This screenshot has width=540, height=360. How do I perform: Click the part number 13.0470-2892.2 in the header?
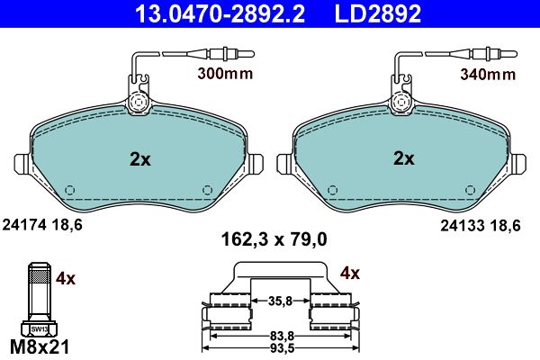coord(220,14)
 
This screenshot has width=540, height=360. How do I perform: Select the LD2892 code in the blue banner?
coord(378,14)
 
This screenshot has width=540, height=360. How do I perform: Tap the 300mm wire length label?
coord(225,74)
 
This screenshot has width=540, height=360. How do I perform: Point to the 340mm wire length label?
coord(488,74)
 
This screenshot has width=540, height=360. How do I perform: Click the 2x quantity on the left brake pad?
coord(140,159)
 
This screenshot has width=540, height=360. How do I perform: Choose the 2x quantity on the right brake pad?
coord(404,158)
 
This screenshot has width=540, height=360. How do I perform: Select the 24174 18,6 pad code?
coord(42,225)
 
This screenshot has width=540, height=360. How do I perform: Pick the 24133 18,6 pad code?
coord(481,226)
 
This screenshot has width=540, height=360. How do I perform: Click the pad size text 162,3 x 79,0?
coord(274,239)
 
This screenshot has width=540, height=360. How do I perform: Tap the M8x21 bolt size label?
coord(40,346)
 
